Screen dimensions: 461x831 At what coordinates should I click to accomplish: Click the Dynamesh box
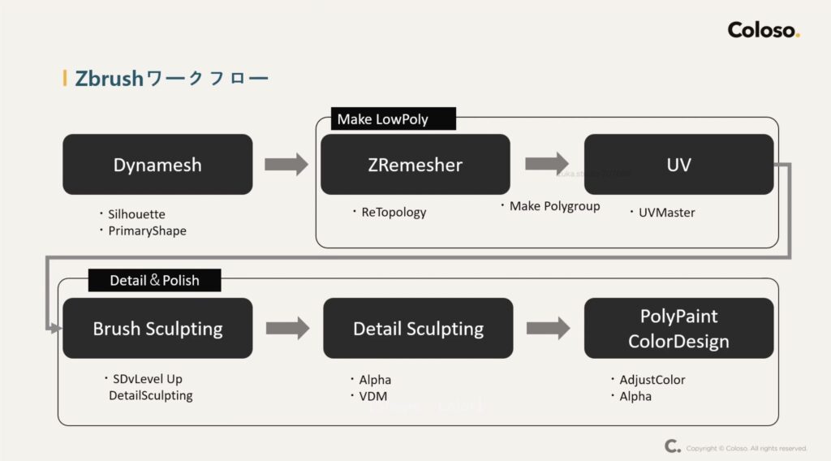157,165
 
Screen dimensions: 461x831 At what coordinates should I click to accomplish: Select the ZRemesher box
415,165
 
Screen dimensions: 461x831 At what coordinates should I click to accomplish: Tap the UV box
678,165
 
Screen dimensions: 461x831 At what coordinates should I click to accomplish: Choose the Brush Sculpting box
157,329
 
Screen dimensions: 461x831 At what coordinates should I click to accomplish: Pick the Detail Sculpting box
418,329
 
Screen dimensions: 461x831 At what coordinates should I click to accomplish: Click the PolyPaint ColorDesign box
678,329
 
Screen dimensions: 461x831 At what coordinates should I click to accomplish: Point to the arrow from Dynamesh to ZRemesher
286,164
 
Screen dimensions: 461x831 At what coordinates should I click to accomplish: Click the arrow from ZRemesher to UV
547,163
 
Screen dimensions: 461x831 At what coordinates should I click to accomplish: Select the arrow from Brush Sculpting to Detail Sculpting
287,328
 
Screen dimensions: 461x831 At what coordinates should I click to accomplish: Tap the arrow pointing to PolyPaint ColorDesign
548,328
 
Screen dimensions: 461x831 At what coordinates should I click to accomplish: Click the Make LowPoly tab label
382,119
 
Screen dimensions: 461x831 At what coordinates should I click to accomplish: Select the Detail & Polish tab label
154,281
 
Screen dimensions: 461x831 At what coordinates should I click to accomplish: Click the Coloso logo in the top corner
764,31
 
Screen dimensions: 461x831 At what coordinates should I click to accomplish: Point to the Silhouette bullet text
136,214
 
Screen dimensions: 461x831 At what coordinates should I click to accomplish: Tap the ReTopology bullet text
394,213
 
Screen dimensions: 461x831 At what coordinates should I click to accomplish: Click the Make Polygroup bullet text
554,206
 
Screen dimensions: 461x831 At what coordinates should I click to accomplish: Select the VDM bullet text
373,396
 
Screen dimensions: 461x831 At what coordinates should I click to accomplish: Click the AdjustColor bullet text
652,380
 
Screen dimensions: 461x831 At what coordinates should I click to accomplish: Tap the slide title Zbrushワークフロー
171,79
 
